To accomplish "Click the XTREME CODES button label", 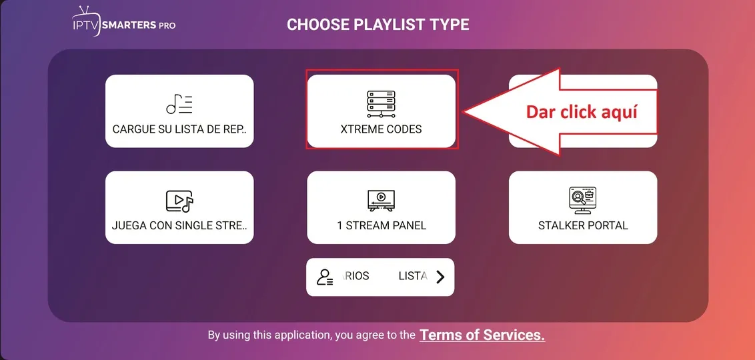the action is pyautogui.click(x=381, y=129).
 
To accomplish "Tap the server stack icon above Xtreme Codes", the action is pyautogui.click(x=381, y=104).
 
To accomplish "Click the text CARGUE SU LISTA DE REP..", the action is pyautogui.click(x=179, y=129).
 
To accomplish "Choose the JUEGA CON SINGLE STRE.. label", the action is pyautogui.click(x=179, y=225).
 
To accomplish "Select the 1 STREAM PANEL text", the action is pyautogui.click(x=382, y=225).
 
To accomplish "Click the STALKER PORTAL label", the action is pyautogui.click(x=583, y=225).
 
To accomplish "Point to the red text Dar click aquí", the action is pyautogui.click(x=582, y=111).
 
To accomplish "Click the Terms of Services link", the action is pyautogui.click(x=482, y=335).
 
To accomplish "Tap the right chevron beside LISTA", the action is pyautogui.click(x=440, y=277).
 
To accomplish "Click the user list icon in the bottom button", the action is pyautogui.click(x=325, y=277).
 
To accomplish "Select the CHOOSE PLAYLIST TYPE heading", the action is pyautogui.click(x=378, y=25).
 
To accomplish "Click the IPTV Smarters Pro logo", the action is pyautogui.click(x=124, y=21).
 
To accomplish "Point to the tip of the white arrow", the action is pyautogui.click(x=464, y=111).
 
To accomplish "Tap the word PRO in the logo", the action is pyautogui.click(x=167, y=25).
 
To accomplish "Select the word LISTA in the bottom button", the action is pyautogui.click(x=413, y=276).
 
